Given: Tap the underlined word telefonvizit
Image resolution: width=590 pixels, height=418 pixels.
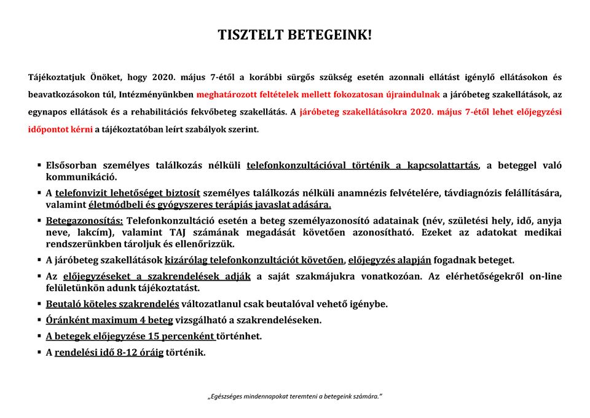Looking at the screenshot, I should tap(81, 193).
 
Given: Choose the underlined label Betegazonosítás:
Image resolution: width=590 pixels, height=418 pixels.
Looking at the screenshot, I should tap(85, 220).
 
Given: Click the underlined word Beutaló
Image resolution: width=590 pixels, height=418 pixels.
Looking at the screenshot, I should tap(65, 304).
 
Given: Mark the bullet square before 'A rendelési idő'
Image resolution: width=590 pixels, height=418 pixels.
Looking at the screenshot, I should tap(39, 352).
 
